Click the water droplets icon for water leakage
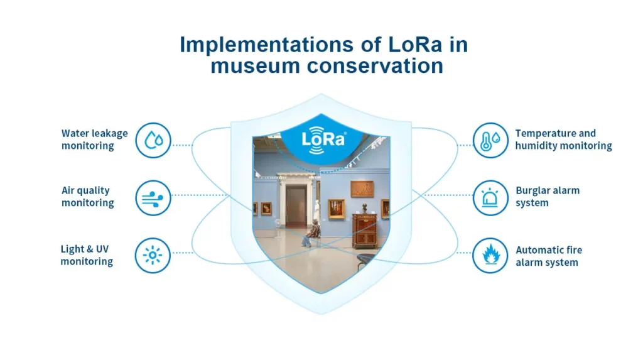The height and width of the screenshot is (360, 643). point(153,140)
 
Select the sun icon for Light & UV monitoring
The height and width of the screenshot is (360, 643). point(153,255)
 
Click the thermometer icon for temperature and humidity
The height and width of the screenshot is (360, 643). point(490,140)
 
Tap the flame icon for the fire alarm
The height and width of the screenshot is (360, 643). point(490,255)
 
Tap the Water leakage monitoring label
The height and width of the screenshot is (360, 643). point(94,139)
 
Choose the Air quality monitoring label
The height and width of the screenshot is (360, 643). point(87,197)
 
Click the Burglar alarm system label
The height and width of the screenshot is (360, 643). point(548,197)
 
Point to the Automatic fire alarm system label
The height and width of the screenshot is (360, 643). point(549,256)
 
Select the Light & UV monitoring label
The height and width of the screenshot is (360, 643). point(87,255)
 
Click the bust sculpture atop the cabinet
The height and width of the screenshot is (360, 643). point(364,208)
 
